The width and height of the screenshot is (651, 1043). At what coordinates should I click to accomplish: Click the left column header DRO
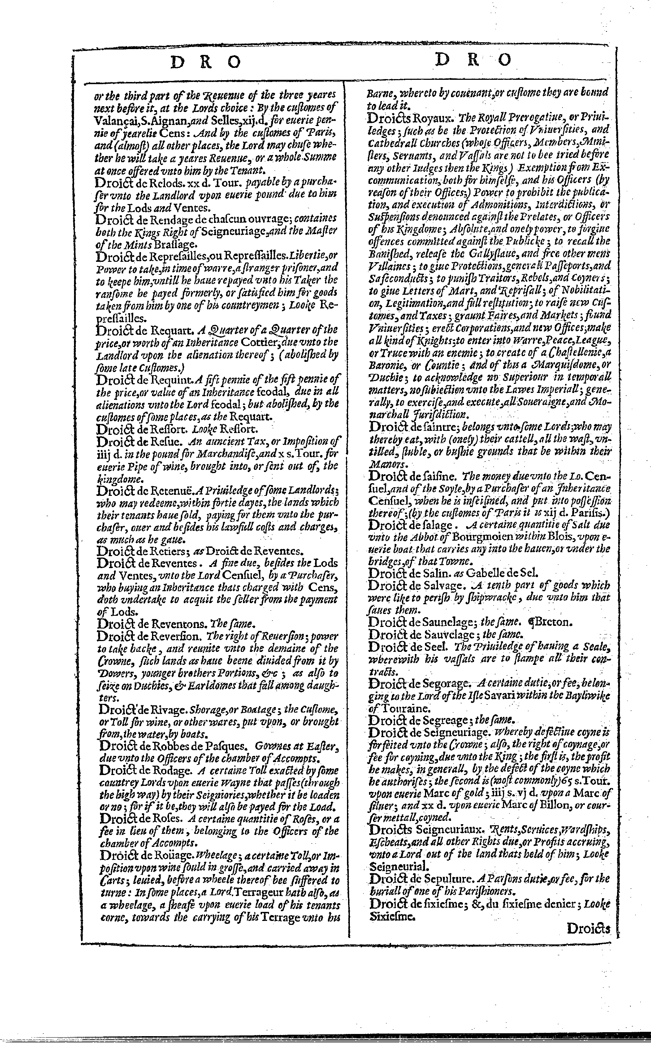coord(205,63)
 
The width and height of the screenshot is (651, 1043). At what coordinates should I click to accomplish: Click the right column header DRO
coord(473,60)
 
